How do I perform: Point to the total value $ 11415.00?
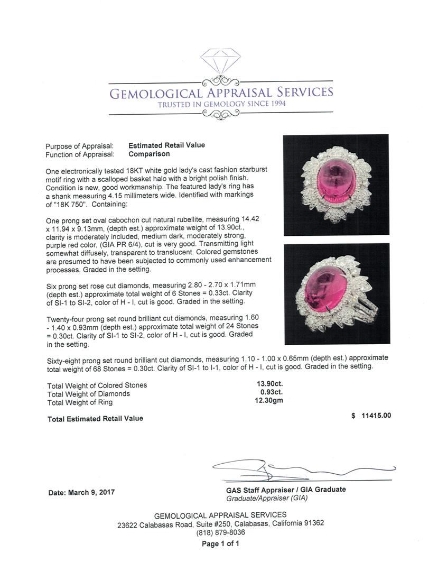tap(371, 416)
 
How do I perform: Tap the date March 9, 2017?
tap(81, 492)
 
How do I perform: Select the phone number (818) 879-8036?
tap(220, 533)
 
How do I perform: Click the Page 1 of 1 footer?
tap(220, 544)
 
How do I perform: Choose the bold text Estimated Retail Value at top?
tap(166, 145)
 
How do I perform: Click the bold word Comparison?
tap(149, 154)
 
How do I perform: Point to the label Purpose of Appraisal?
tap(79, 145)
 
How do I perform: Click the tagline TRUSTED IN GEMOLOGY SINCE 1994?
tap(221, 104)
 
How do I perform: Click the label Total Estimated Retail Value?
tap(95, 418)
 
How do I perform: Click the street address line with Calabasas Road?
tap(220, 524)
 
